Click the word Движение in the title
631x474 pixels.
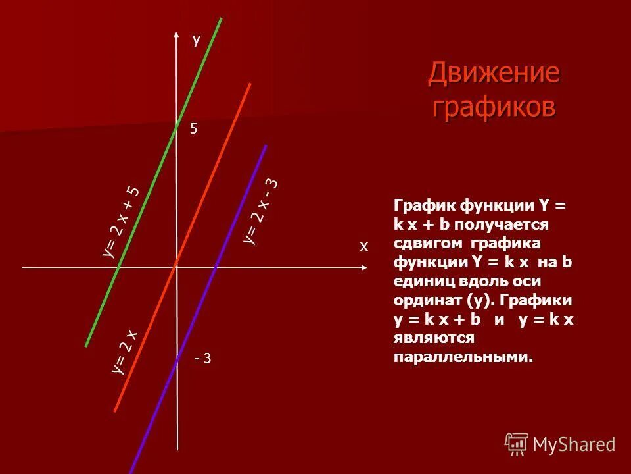point(494,73)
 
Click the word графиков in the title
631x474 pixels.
point(494,106)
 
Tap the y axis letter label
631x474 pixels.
point(196,40)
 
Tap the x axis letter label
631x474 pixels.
point(363,246)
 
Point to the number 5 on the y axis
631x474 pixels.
point(193,130)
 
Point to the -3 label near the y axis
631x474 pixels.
point(203,358)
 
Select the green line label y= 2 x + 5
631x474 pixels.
point(122,221)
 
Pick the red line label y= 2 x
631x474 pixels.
point(124,352)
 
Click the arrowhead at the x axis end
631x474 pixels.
point(363,269)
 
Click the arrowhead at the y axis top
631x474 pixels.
point(177,35)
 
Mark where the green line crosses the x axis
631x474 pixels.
point(119,269)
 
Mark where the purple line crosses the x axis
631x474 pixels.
point(215,269)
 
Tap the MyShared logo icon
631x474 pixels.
point(517,444)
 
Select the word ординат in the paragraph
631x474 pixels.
point(425,300)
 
